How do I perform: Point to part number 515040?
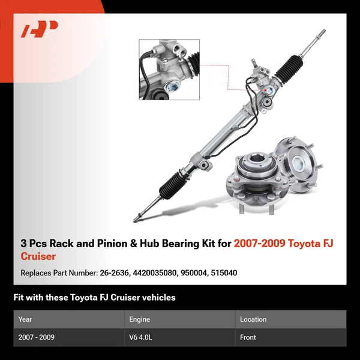pyautogui.click(x=225, y=273)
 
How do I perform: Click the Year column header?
pyautogui.click(x=25, y=319)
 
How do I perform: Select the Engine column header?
pyautogui.click(x=139, y=319)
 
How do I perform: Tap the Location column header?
pyautogui.click(x=253, y=319)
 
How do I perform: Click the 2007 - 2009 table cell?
pyautogui.click(x=37, y=337)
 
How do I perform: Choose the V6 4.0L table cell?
pyautogui.click(x=142, y=337)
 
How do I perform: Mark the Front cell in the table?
pyautogui.click(x=248, y=337)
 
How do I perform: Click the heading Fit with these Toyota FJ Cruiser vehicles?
pyautogui.click(x=94, y=298)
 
